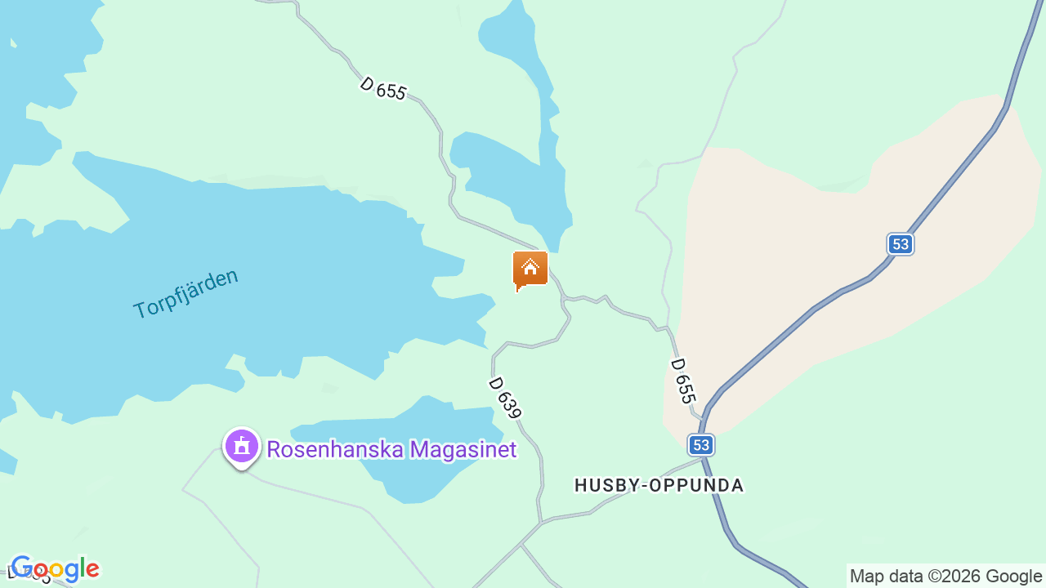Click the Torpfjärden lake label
coord(186,292)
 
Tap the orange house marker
coord(530,269)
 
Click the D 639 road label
coord(505,398)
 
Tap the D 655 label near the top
coord(382,87)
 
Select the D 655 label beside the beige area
coord(683,381)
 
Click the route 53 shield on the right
coord(900,243)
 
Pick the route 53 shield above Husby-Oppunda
coord(700,444)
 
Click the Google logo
coord(56,568)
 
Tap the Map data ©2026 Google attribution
coord(945,576)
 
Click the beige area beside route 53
coord(817,245)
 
